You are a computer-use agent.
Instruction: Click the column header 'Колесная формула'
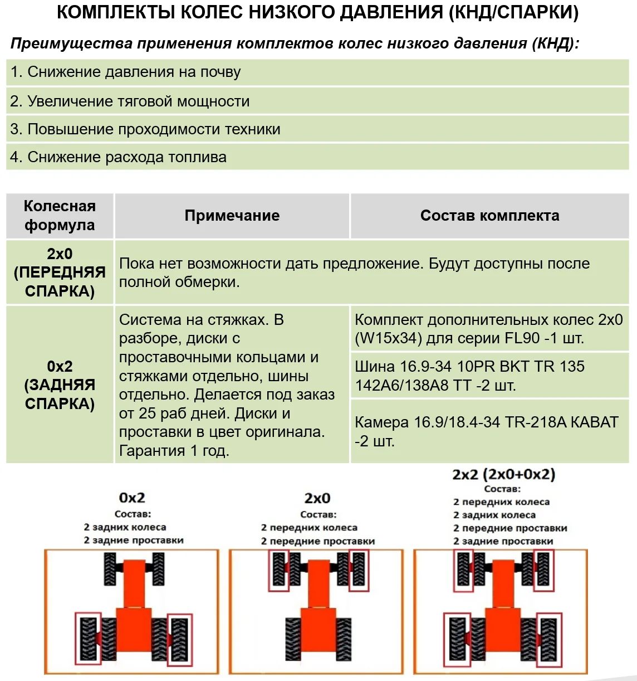coord(60,216)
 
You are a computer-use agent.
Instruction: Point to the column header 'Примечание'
coord(232,216)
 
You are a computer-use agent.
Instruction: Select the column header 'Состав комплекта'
coord(489,216)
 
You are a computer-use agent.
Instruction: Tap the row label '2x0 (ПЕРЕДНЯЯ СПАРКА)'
coord(60,273)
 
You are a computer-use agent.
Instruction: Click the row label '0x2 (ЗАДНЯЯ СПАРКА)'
coord(60,385)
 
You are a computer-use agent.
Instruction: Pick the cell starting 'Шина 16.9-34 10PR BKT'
coord(469,376)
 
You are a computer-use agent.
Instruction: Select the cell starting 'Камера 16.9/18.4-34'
coord(486,431)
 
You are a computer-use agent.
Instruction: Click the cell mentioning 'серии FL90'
coord(488,329)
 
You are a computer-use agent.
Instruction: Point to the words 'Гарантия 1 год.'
coord(174,451)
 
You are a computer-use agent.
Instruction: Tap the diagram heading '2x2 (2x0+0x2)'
coord(503,474)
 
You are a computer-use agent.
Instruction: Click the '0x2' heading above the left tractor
coord(132,498)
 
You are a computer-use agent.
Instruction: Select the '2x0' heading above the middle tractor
coord(317,498)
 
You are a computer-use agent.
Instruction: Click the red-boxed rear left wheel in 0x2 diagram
coord(88,639)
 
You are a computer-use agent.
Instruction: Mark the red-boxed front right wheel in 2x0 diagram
coord(359,571)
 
